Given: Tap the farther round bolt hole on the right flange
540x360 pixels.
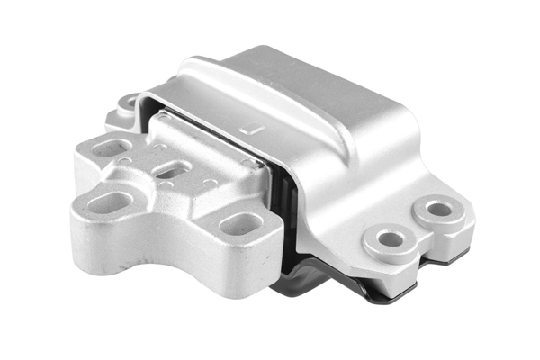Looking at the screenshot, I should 439,210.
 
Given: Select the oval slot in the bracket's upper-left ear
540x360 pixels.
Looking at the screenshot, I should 109,148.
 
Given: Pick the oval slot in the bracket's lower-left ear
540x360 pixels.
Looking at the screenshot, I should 107,202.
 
